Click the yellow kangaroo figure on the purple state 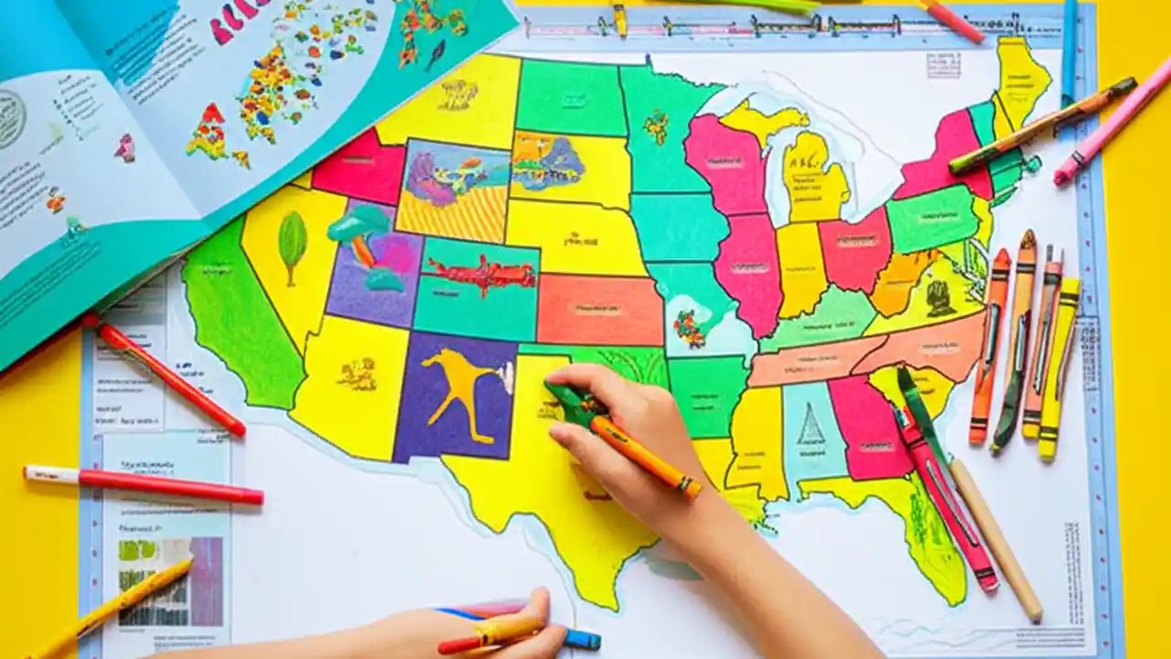tap(457, 384)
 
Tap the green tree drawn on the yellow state tap(292, 243)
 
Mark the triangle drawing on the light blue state tap(810, 426)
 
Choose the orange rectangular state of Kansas tap(599, 309)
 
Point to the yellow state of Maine tap(1022, 78)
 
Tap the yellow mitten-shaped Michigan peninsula tap(814, 174)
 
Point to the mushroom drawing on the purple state tap(361, 233)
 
